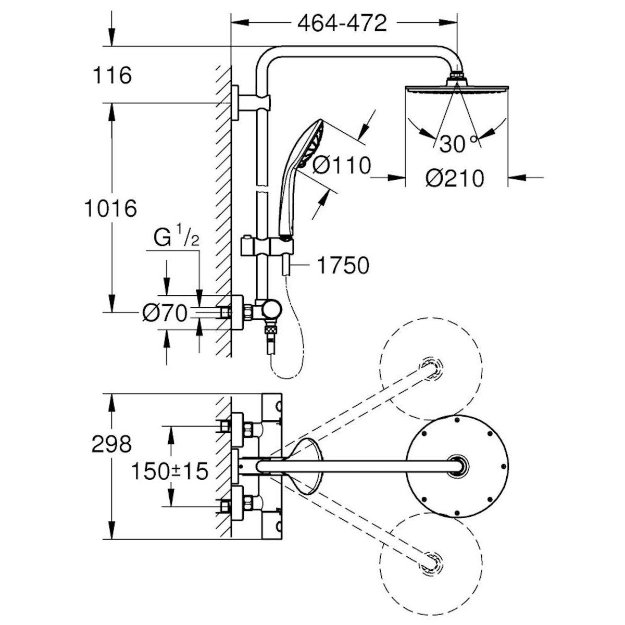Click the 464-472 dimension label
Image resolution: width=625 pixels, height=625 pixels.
pyautogui.click(x=342, y=23)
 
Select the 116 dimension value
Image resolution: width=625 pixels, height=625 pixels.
pyautogui.click(x=111, y=76)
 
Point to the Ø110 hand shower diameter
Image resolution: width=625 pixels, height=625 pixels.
pyautogui.click(x=342, y=166)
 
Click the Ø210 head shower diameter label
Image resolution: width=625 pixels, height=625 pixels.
pyautogui.click(x=455, y=179)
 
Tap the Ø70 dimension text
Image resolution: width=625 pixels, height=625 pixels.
pyautogui.click(x=164, y=314)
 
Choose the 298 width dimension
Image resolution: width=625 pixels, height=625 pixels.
pyautogui.click(x=111, y=444)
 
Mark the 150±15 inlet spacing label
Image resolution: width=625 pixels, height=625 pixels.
pyautogui.click(x=169, y=472)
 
